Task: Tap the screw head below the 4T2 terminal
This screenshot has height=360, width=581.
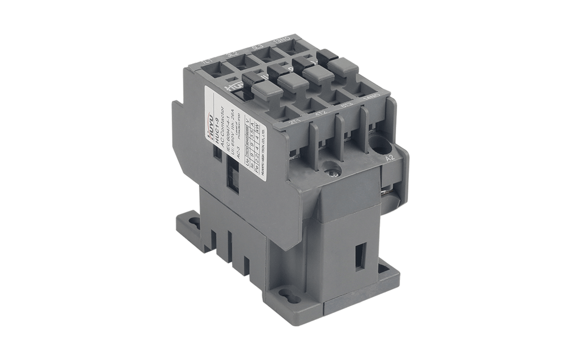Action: pos(331,169)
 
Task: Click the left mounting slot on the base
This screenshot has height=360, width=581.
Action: pos(194,222)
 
